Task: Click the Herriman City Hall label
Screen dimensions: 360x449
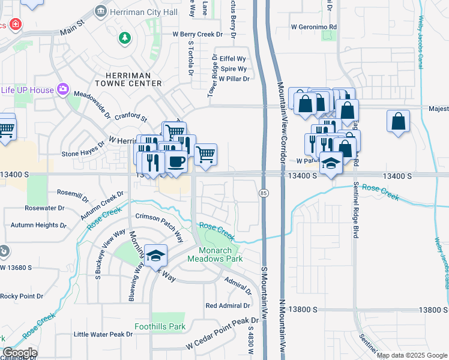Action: click(142, 11)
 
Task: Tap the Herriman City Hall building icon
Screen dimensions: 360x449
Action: click(101, 11)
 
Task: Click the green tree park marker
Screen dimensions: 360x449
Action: click(125, 38)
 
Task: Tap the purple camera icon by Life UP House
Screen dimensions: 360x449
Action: click(63, 89)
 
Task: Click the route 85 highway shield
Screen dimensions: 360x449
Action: click(264, 193)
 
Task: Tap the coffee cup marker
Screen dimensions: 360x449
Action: click(176, 163)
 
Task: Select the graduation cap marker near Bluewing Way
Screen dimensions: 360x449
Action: click(155, 256)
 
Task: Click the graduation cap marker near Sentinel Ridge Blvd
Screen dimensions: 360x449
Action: click(331, 163)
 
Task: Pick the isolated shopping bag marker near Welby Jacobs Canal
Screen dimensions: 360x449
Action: click(398, 122)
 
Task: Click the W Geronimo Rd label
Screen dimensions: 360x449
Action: click(314, 27)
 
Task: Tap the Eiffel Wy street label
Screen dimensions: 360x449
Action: click(233, 59)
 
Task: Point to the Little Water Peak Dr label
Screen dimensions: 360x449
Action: click(103, 334)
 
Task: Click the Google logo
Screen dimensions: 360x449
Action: click(20, 353)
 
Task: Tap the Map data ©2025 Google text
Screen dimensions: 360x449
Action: click(411, 355)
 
